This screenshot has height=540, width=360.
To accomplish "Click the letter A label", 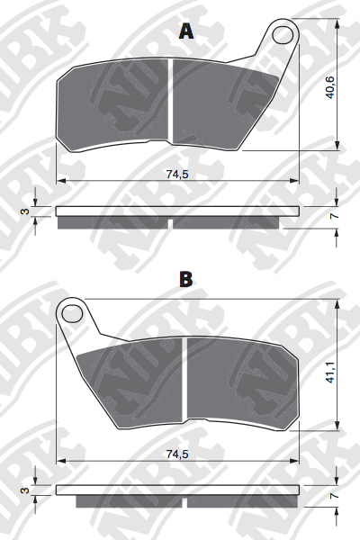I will [x=186, y=31].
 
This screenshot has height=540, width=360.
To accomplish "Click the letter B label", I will [x=185, y=280].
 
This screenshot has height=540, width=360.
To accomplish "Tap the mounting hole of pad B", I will [x=72, y=313].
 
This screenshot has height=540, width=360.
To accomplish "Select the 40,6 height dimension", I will [x=330, y=88].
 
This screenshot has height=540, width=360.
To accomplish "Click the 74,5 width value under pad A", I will [x=176, y=175].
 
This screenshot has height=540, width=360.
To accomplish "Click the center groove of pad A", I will [x=168, y=103].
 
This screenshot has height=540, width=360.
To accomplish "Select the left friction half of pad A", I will [x=112, y=106].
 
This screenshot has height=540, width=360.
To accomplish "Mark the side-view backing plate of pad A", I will [x=176, y=211].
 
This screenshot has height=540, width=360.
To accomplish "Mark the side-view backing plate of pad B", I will [x=176, y=490].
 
